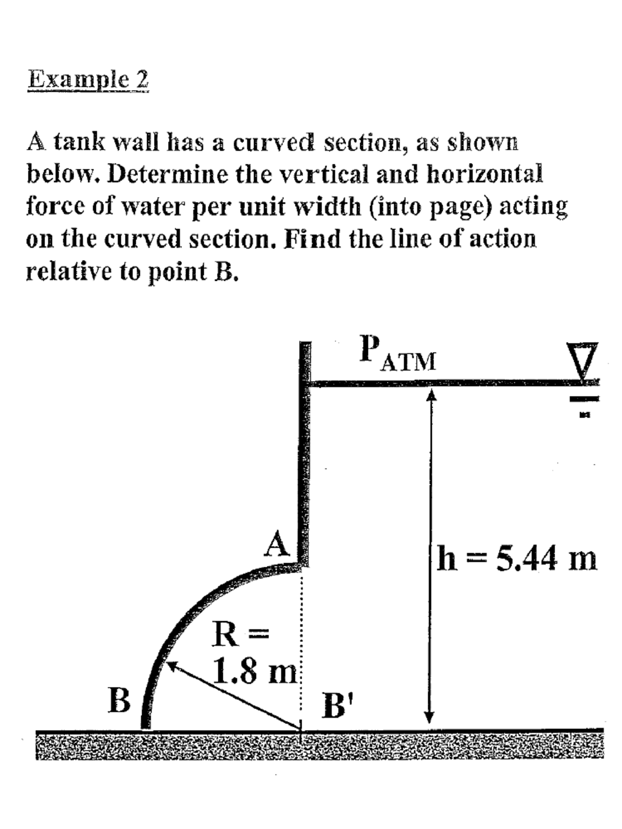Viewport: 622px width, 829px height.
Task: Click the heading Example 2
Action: tap(88, 80)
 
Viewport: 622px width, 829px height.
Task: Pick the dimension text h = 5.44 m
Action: tap(517, 558)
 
